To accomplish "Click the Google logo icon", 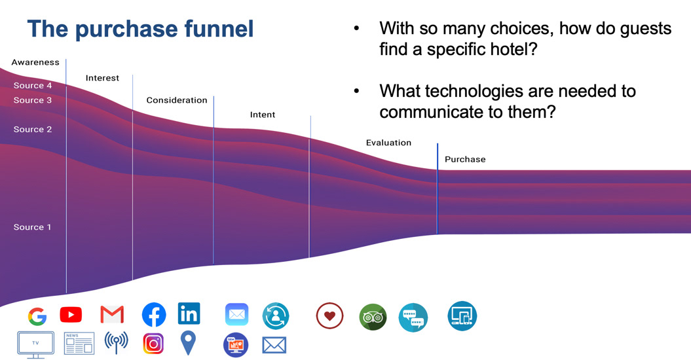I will pyautogui.click(x=37, y=317).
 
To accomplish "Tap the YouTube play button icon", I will pyautogui.click(x=71, y=315).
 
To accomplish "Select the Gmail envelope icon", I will pyautogui.click(x=112, y=315).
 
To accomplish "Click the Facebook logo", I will pyautogui.click(x=154, y=315).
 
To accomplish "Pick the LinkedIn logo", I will pyautogui.click(x=189, y=314).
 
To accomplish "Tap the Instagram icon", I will pyautogui.click(x=153, y=344).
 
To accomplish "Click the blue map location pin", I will pyautogui.click(x=188, y=342).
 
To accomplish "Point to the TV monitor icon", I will pyautogui.click(x=35, y=344).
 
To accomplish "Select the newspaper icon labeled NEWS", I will pyautogui.click(x=79, y=344).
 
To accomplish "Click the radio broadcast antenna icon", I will pyautogui.click(x=117, y=342).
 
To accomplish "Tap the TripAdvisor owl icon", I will pyautogui.click(x=373, y=317).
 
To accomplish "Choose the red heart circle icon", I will pyautogui.click(x=329, y=316).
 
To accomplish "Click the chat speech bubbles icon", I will pyautogui.click(x=413, y=318).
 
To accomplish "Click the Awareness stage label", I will pyautogui.click(x=35, y=62).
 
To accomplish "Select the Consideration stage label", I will pyautogui.click(x=177, y=100).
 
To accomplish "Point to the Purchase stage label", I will pyautogui.click(x=465, y=159).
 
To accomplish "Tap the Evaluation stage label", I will pyautogui.click(x=388, y=143).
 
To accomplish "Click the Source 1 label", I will pyautogui.click(x=33, y=227).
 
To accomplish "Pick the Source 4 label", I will pyautogui.click(x=33, y=86).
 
